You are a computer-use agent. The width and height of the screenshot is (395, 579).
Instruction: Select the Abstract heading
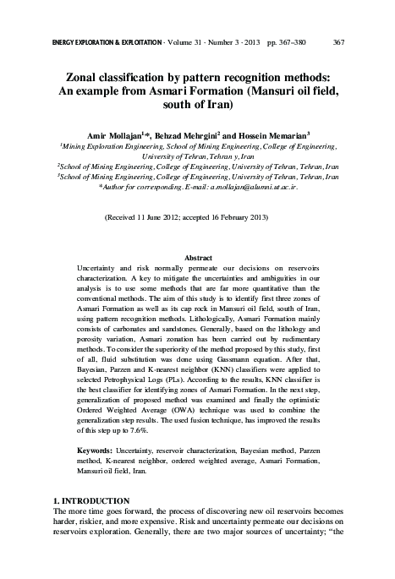pos(198,256)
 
